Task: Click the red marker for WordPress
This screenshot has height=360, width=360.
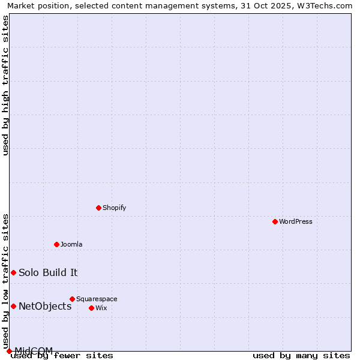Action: [x=275, y=221]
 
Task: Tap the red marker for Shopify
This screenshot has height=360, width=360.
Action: [x=98, y=208]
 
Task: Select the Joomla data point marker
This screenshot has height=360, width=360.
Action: [x=56, y=244]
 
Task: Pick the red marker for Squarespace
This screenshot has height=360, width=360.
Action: [x=72, y=299]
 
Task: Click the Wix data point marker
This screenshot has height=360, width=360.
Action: [x=91, y=308]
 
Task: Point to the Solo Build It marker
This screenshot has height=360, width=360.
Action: [x=13, y=272]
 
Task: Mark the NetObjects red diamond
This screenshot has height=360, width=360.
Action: [x=13, y=306]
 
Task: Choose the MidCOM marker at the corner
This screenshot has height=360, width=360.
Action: [x=9, y=351]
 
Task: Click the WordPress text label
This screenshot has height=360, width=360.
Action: [x=296, y=221]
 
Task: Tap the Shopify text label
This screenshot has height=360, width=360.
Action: [x=115, y=208]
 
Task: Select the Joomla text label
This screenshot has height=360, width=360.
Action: [x=71, y=244]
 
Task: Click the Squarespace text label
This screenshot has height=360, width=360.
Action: [x=97, y=299]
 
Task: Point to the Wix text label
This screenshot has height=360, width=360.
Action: [x=101, y=308]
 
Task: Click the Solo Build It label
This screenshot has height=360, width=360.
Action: [x=48, y=272]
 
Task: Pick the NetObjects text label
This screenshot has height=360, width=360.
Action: [x=45, y=306]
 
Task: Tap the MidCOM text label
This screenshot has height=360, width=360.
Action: [x=34, y=350]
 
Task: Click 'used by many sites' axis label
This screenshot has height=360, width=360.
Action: [x=301, y=356]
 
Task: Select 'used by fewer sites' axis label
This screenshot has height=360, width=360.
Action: [x=62, y=356]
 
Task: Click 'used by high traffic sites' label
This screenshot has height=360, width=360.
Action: [x=6, y=85]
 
